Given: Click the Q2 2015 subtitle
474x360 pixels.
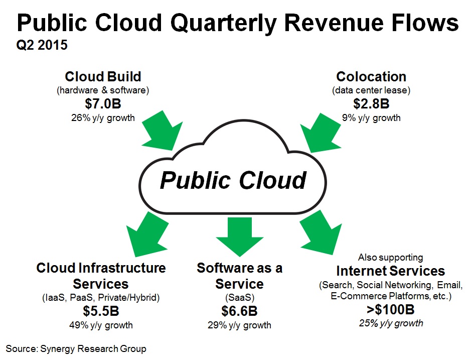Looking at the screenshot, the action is pos(42,45).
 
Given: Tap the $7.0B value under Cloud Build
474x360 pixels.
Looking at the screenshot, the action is pos(103,103).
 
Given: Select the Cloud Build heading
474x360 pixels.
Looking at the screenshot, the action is pos(103,76).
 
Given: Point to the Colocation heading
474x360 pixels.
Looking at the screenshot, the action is pos(371,76).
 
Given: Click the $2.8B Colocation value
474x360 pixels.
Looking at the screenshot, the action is pos(371,103).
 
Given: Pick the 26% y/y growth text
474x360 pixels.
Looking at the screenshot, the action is pos(103,117).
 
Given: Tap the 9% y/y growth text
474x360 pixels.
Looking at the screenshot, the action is pos(371,117).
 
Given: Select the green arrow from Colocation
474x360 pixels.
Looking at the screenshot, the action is pos(321,133).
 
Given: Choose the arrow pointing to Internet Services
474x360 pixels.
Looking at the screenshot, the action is pos(321,232).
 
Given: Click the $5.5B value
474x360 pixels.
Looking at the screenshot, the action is pos(101,311).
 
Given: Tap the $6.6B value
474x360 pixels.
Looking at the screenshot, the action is pos(239,311).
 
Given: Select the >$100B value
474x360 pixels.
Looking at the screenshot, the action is pos(391,309).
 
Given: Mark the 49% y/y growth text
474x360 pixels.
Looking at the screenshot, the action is pos(101,325).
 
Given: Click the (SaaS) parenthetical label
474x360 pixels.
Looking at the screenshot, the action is pos(240,298).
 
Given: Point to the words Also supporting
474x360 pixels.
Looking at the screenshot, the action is pos(391,258).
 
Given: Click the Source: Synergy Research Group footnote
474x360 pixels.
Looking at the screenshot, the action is pos(76,349).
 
